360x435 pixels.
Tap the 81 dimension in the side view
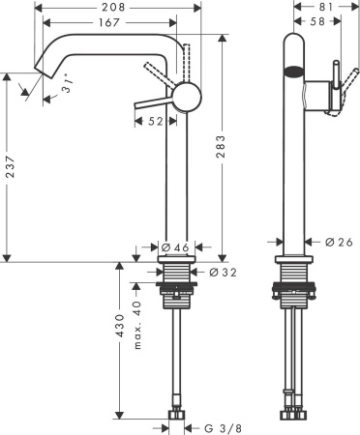coord(325,7)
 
